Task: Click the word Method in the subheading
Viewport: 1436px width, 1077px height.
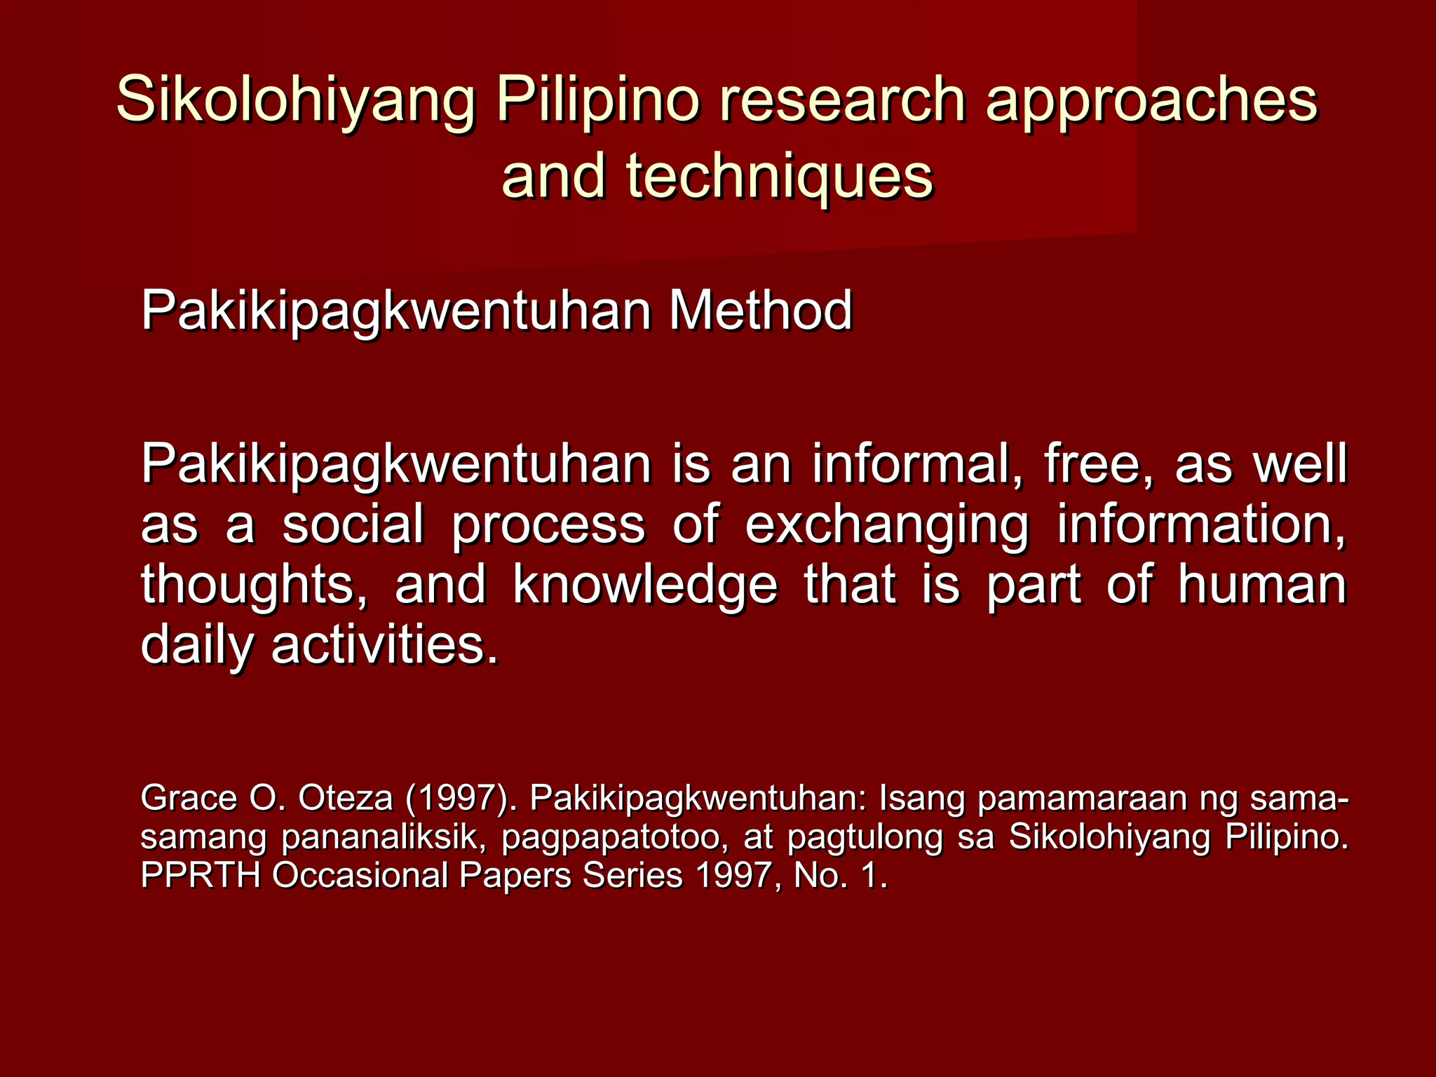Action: (760, 311)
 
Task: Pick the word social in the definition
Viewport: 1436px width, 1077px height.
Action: (353, 524)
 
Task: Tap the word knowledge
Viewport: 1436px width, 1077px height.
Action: (645, 585)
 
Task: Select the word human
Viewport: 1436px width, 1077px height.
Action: (1261, 585)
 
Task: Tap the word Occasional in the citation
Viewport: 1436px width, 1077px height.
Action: (360, 876)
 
